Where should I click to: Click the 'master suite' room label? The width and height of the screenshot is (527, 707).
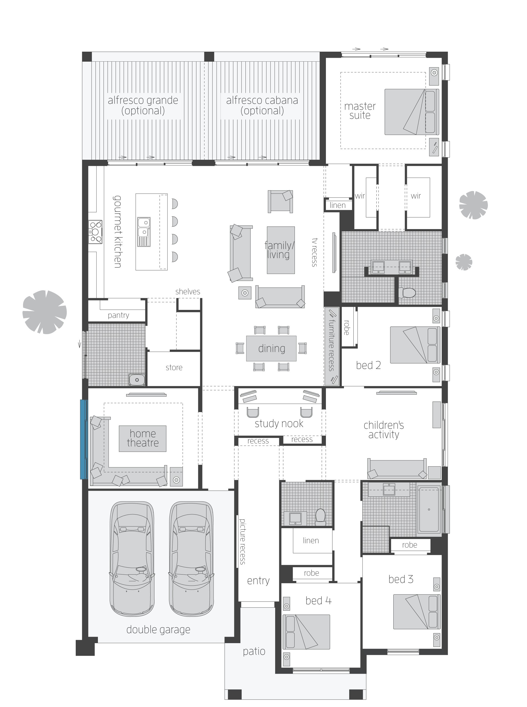pos(359,111)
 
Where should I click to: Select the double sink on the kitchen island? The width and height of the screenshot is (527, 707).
pos(144,232)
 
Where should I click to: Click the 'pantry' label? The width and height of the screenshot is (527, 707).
pos(118,315)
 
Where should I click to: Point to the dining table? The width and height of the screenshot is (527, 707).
pos(271,349)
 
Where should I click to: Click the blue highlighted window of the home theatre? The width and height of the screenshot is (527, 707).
pos(83,439)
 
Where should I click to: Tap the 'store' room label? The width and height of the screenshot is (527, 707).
pos(174,368)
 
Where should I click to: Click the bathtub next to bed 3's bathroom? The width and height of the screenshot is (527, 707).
pos(429,510)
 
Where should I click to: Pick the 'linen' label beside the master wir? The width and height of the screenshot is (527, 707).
pos(338,205)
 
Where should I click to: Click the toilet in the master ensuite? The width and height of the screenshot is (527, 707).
pos(407,292)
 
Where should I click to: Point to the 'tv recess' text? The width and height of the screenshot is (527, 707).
pos(315,252)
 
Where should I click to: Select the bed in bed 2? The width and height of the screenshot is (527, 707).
pos(415,345)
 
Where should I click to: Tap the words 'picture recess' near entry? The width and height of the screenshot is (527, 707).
pos(242,541)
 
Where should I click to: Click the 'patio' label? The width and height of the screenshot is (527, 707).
pos(254,651)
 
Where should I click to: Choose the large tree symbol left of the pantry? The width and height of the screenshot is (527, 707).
pos(45,312)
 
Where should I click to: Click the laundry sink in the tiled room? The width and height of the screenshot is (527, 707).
pos(137,380)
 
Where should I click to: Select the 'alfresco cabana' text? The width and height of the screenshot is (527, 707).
pos(262,100)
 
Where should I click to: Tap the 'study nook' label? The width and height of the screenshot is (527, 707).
pos(279,423)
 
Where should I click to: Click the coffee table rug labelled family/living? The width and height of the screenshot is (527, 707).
pos(280,250)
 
